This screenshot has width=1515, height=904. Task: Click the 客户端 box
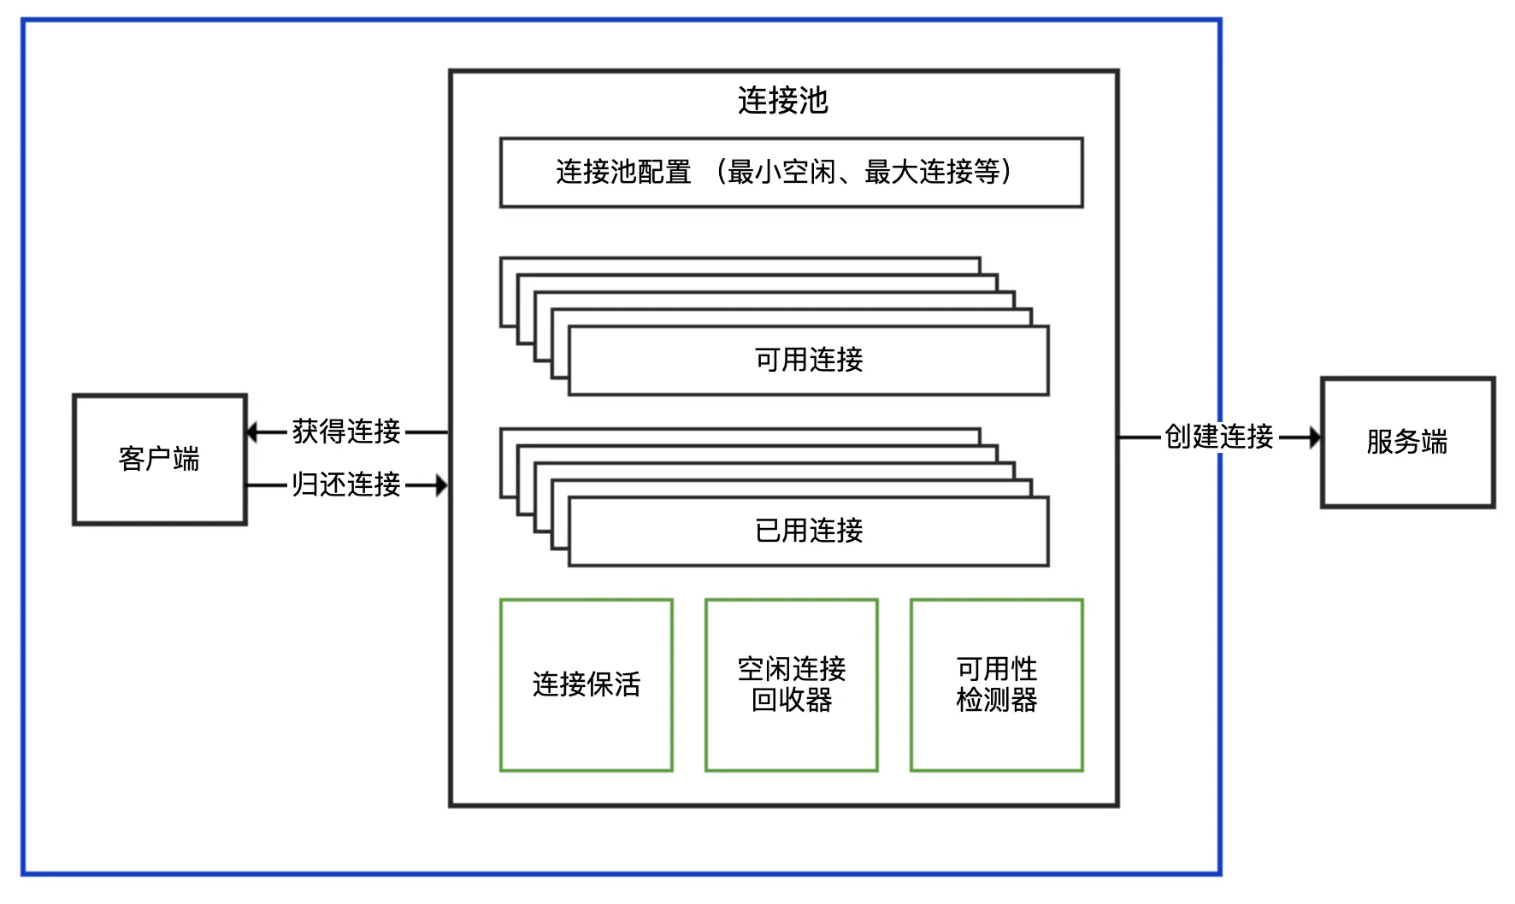(x=160, y=460)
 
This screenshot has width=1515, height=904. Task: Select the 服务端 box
(x=1407, y=443)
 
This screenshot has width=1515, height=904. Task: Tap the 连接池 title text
(x=783, y=100)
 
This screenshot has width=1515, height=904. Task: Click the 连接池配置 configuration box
(x=792, y=173)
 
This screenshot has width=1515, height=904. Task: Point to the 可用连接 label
(x=809, y=360)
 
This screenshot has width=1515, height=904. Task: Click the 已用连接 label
(x=809, y=531)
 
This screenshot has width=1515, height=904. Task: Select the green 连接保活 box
(x=587, y=685)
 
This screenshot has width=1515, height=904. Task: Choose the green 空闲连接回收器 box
(x=792, y=685)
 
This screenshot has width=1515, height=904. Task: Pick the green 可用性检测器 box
(x=997, y=685)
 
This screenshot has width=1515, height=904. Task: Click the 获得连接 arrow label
(x=346, y=431)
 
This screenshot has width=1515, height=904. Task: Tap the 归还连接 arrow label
(x=346, y=484)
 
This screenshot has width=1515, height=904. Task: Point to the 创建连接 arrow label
(x=1219, y=437)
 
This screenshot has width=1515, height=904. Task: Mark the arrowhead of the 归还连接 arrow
(x=441, y=485)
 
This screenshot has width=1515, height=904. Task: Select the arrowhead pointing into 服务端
(x=1314, y=437)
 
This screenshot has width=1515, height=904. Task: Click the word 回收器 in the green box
(x=792, y=701)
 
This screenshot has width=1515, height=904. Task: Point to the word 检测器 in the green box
(x=997, y=701)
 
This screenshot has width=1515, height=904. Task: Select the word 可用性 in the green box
(x=997, y=669)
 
